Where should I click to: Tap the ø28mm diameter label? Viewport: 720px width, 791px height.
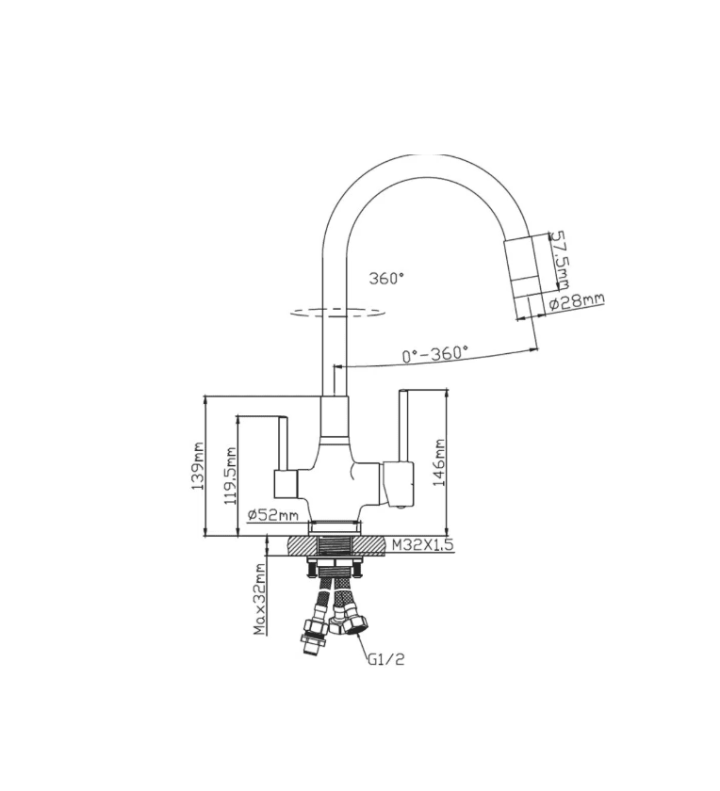point(576,301)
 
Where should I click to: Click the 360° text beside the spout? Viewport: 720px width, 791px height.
point(386,278)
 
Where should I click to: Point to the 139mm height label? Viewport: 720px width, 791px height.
point(197,467)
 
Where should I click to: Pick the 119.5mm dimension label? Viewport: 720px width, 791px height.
point(230,476)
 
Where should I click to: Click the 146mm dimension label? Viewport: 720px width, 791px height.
point(439,462)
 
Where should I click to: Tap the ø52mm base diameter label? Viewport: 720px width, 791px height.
point(273,515)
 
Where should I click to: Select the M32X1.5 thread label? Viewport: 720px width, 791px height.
point(423,544)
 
